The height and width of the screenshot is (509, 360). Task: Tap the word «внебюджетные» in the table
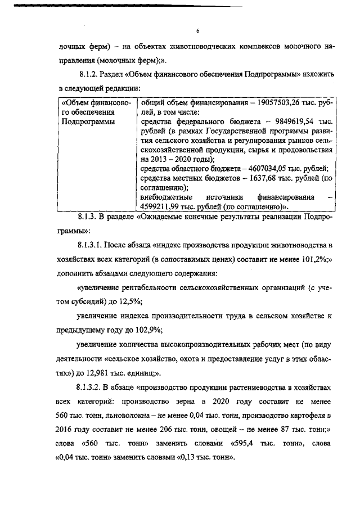tap(166, 197)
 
